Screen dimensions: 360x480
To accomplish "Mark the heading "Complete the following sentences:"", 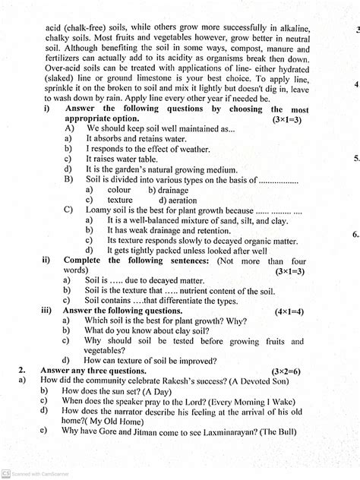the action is pyautogui.click(x=151, y=259).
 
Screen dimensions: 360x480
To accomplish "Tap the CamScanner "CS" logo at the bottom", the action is pyautogui.click(x=5, y=473).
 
